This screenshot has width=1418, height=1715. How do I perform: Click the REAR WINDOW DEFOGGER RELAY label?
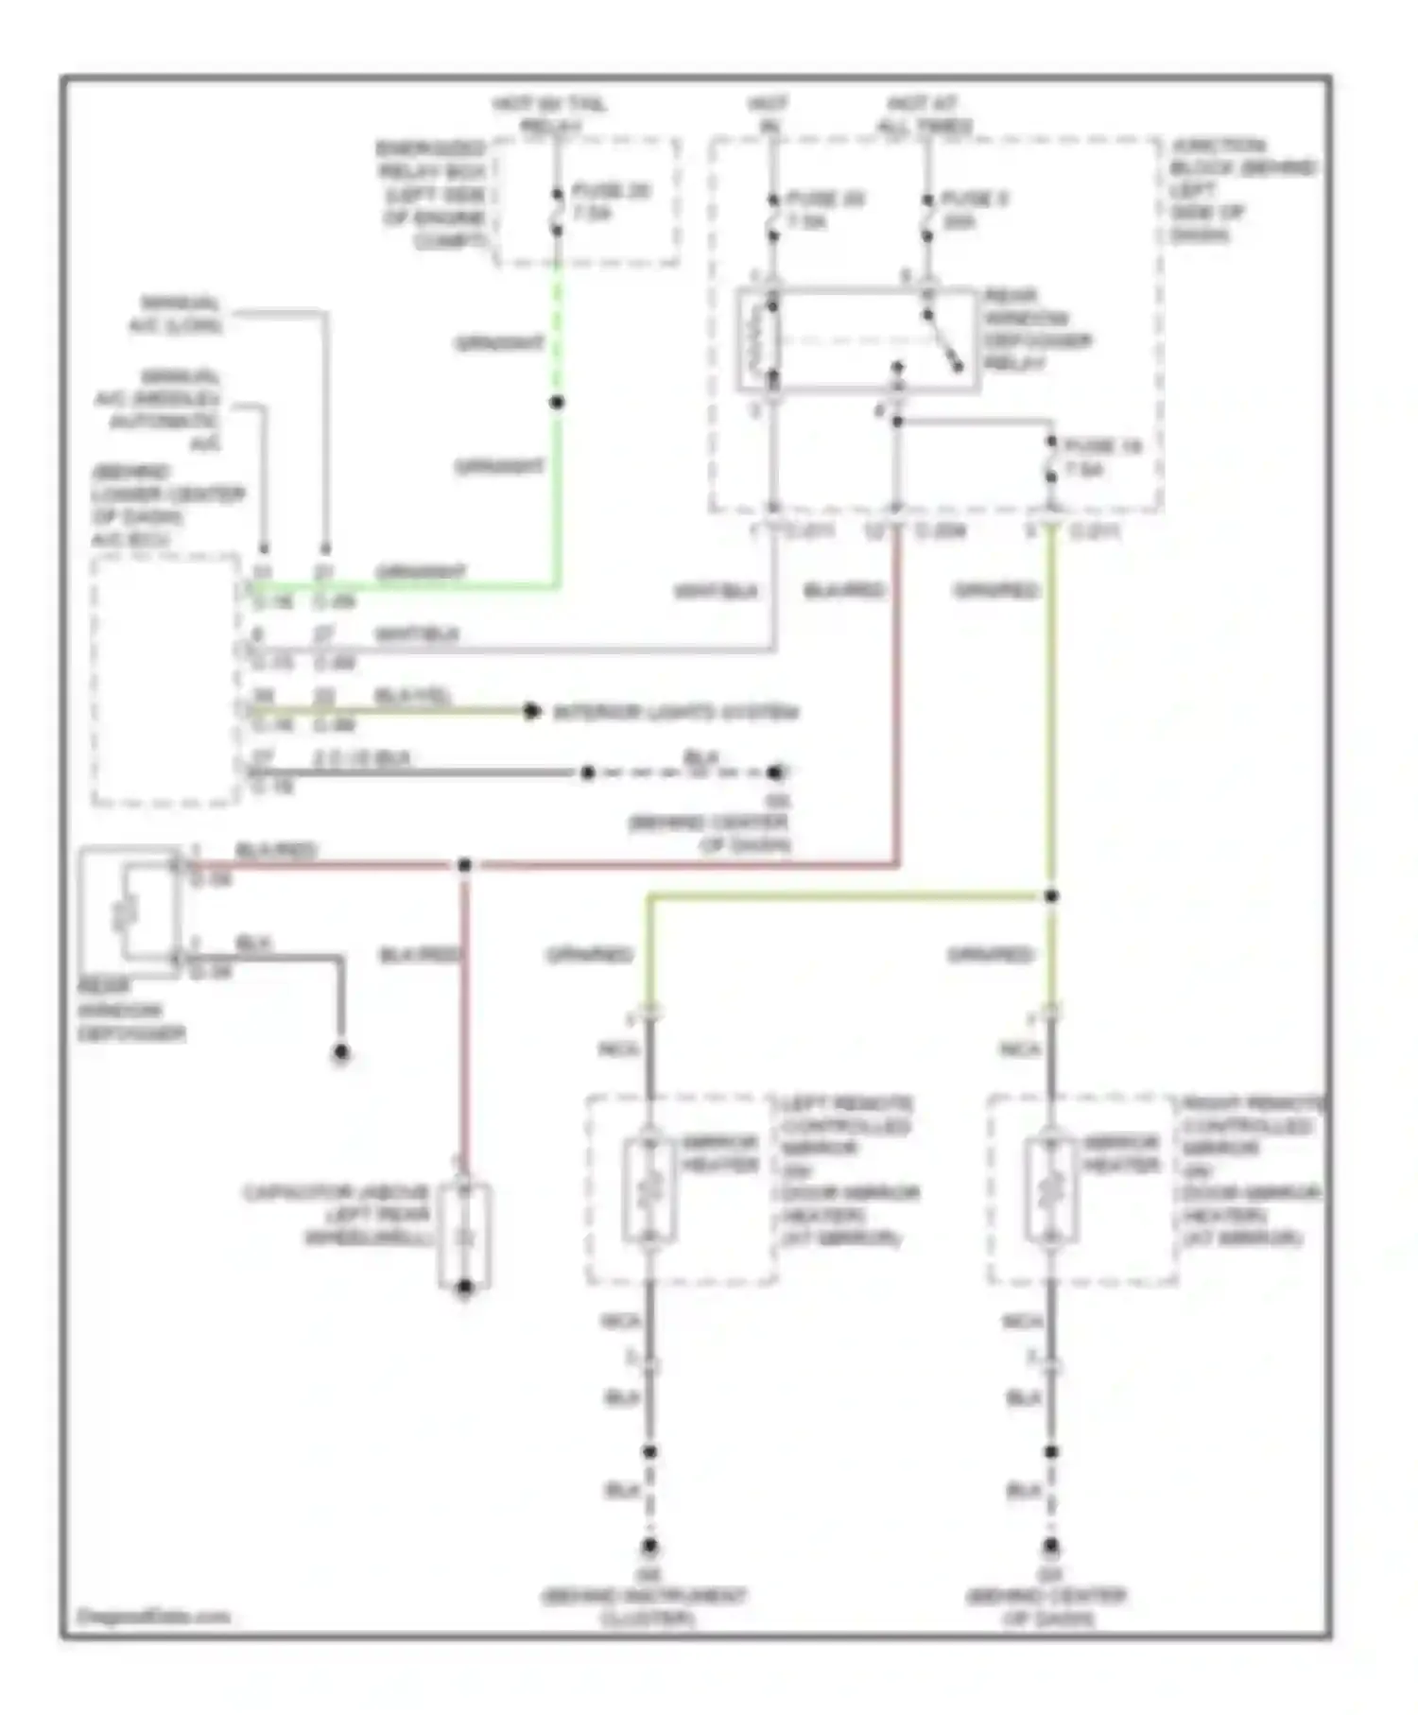coord(1037,329)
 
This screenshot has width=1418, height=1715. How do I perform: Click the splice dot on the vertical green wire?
coord(557,403)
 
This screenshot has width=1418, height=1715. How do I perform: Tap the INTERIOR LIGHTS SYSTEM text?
coord(675,712)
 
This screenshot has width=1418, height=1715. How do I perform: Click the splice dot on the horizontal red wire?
coord(464,865)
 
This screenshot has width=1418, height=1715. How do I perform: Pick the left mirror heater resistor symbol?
coord(649,1190)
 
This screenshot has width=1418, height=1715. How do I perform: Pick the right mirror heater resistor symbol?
coord(1050,1190)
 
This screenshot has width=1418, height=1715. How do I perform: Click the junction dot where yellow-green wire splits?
coord(1050,896)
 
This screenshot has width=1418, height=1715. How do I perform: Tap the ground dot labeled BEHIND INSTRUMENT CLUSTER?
coord(649,1548)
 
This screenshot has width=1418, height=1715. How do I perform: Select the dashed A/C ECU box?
coord(165,681)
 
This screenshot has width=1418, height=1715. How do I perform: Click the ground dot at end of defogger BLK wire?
coord(341,1052)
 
